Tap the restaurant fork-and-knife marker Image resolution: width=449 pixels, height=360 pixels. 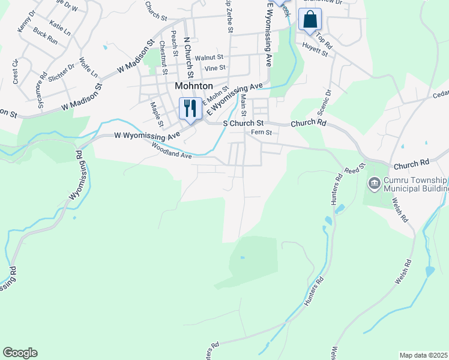190,109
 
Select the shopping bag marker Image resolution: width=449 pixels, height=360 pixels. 310,19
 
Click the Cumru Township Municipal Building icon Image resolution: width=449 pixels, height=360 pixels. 374,182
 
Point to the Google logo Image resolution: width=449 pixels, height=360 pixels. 20,353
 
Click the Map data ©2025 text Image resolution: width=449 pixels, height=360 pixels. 423,355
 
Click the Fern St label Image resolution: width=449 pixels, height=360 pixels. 262,132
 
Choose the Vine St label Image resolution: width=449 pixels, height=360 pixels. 214,68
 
